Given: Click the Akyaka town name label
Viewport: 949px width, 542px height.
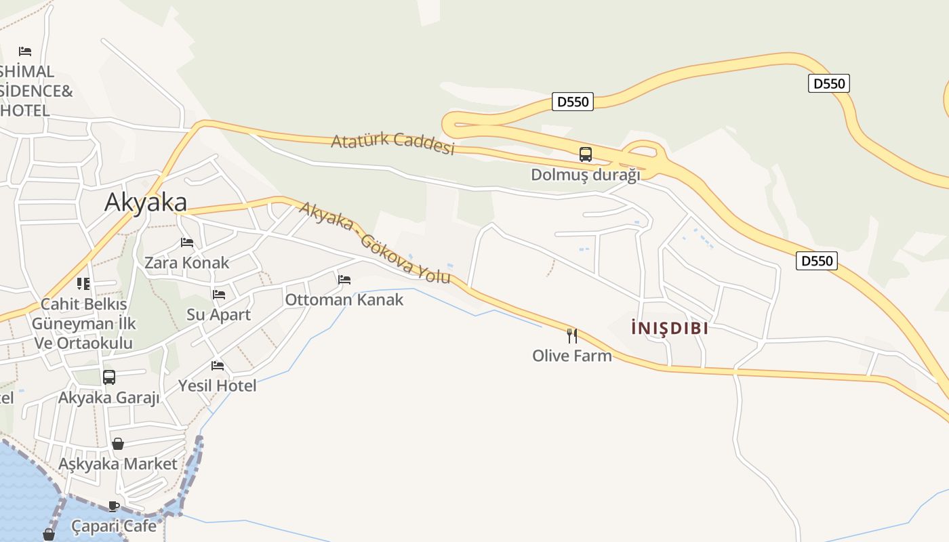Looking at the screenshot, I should pos(146,203).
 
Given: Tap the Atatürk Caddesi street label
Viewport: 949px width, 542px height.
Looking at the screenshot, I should pos(392,144).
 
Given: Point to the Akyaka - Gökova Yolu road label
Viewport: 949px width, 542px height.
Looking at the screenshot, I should pos(375,242).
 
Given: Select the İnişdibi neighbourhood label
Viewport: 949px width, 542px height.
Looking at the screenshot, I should pos(670,329).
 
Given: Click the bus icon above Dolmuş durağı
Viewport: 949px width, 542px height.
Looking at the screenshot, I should pos(586,154).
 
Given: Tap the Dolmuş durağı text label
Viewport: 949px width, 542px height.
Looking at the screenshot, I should pos(586,175).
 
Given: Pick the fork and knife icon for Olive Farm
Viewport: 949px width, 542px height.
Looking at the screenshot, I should pos(572,335).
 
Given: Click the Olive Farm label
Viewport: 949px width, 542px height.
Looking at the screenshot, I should pos(572,356).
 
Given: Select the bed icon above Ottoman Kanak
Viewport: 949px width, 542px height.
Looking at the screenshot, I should pos(344,280).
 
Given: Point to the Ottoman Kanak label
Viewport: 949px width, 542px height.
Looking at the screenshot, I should pos(344,299).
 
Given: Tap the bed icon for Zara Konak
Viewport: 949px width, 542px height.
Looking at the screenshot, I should pos(187,243).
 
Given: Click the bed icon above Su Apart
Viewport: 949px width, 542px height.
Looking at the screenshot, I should pos(219,295).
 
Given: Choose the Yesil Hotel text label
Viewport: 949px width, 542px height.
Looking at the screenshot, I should pos(218,385).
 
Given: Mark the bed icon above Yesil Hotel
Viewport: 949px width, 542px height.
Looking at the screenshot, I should pos(218,366).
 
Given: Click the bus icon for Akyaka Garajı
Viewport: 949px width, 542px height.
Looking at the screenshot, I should pos(109,377).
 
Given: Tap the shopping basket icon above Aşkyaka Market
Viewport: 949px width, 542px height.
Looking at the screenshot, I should pos(118,444).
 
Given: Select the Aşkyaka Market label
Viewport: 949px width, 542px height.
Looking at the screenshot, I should pos(118,464).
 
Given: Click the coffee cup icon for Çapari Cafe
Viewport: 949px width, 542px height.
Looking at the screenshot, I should pos(114,506).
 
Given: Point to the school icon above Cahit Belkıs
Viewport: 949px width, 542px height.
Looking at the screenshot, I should pos(83,284).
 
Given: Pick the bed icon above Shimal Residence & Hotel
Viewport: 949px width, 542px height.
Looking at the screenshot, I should pos(25,51).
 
